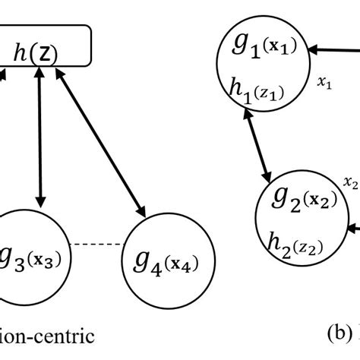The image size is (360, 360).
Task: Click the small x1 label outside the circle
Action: [x=325, y=85]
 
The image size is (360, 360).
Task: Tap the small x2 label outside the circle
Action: [x=350, y=182]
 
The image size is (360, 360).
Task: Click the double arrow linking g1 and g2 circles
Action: [x=259, y=147]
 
